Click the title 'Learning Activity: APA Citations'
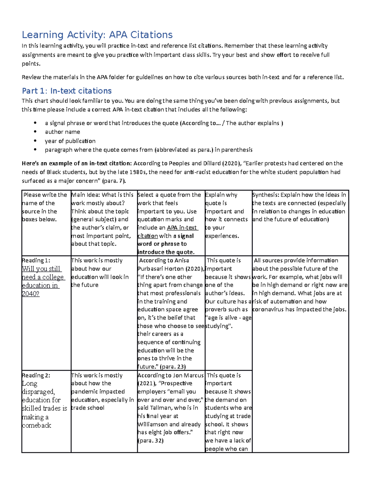click(97, 35)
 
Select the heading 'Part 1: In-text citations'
click(66, 91)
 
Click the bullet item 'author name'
click(62, 132)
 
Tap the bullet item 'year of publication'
click(70, 141)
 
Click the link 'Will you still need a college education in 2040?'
click(42, 277)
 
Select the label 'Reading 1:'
click(36, 260)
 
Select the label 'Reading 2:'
click(36, 375)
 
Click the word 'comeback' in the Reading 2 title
click(36, 426)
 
